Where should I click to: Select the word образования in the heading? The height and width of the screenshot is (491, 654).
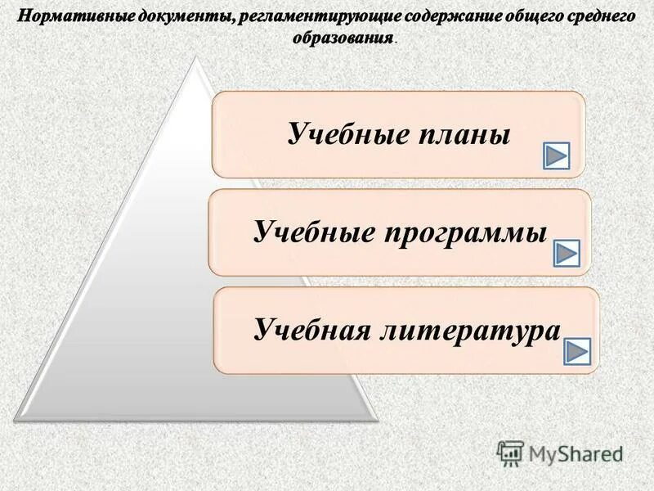coord(341,38)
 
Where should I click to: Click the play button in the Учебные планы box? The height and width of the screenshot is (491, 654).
coord(557,155)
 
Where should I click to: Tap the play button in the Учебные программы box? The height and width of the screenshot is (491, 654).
coord(566,254)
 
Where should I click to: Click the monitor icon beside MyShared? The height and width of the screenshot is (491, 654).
coord(510,452)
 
